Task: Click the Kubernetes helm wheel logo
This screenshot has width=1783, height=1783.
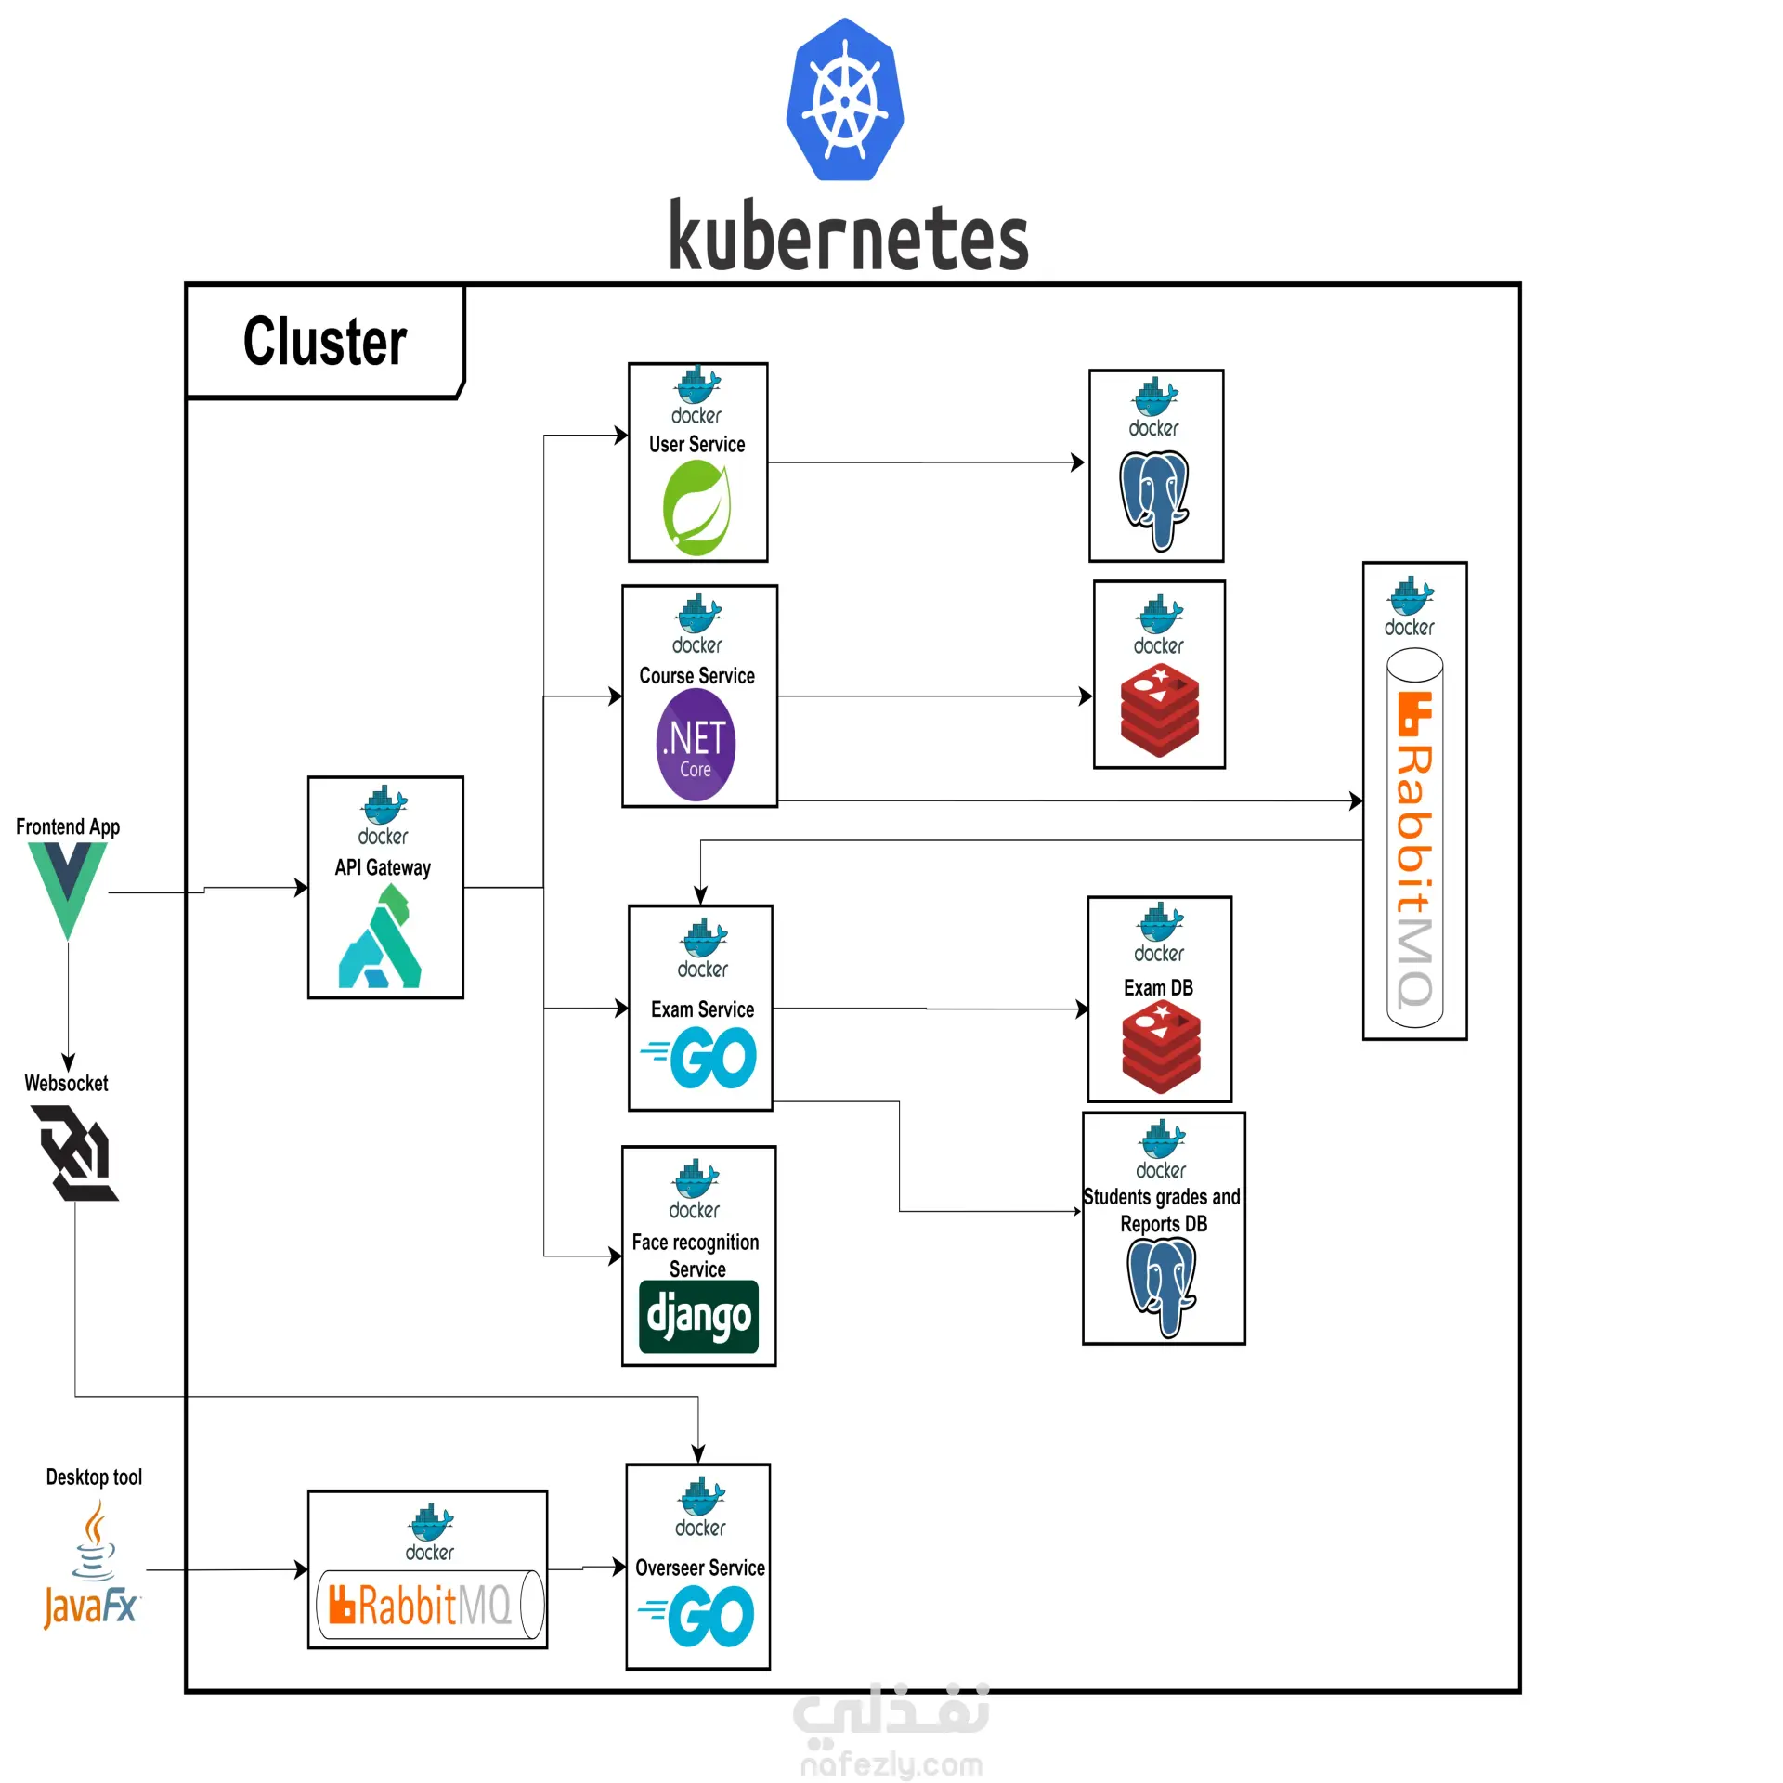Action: point(844,99)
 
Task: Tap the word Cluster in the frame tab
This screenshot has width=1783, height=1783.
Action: point(325,341)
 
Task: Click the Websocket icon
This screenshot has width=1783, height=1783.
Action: point(76,1152)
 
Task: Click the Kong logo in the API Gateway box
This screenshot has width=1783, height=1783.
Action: point(382,937)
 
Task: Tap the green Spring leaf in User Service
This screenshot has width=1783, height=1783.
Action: point(696,507)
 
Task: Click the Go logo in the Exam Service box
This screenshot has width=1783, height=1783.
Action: point(701,1059)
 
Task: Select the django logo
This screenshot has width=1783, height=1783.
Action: point(698,1316)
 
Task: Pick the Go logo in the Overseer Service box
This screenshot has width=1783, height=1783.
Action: point(698,1616)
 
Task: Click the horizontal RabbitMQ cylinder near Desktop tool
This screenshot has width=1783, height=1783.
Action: point(429,1605)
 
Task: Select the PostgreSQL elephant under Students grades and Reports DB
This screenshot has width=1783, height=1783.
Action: point(1162,1287)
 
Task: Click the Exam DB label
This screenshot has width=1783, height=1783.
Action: point(1158,988)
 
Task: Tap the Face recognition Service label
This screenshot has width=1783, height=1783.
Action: point(696,1256)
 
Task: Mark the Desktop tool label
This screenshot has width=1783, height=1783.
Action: point(94,1477)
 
